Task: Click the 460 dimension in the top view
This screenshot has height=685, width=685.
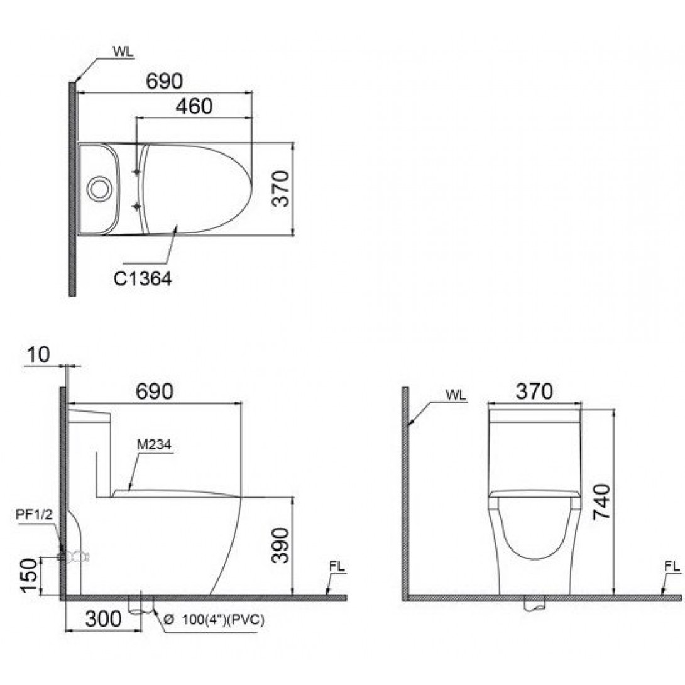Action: pyautogui.click(x=194, y=106)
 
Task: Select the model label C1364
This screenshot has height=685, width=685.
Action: pyautogui.click(x=143, y=278)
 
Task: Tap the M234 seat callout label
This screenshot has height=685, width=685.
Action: pyautogui.click(x=154, y=445)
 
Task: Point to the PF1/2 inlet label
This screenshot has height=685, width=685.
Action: pyautogui.click(x=34, y=514)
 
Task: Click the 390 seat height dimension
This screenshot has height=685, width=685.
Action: pyautogui.click(x=280, y=545)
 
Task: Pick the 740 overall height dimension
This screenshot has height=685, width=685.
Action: pyautogui.click(x=601, y=501)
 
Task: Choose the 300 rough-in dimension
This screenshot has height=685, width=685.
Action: pyautogui.click(x=104, y=618)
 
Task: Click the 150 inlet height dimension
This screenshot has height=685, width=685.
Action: pyautogui.click(x=30, y=576)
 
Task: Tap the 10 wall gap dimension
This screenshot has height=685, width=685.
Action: pyautogui.click(x=38, y=354)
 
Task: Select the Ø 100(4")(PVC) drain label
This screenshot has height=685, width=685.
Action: pyautogui.click(x=214, y=620)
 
